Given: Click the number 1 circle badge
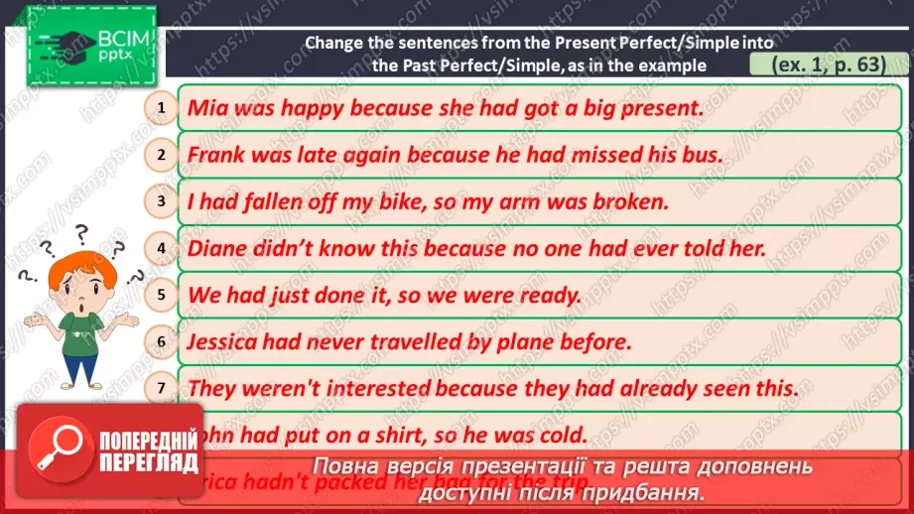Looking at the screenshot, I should (161, 106).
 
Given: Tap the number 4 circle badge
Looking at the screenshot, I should (161, 247).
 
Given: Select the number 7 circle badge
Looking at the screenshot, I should (161, 388).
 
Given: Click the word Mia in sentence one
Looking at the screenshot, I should (205, 107).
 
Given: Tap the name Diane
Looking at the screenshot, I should (219, 248).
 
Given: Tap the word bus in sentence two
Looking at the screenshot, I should (701, 155).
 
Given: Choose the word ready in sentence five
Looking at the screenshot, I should (548, 295).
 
